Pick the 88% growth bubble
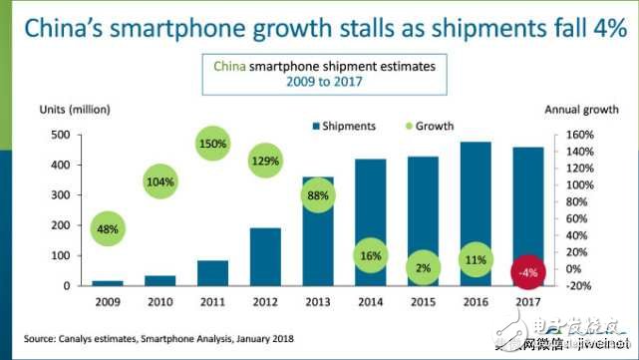pos(317,195)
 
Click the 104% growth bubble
pos(160,182)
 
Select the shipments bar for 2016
pos(476,214)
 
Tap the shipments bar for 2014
pos(370,199)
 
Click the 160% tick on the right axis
pos(581,135)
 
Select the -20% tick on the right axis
pos(581,286)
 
